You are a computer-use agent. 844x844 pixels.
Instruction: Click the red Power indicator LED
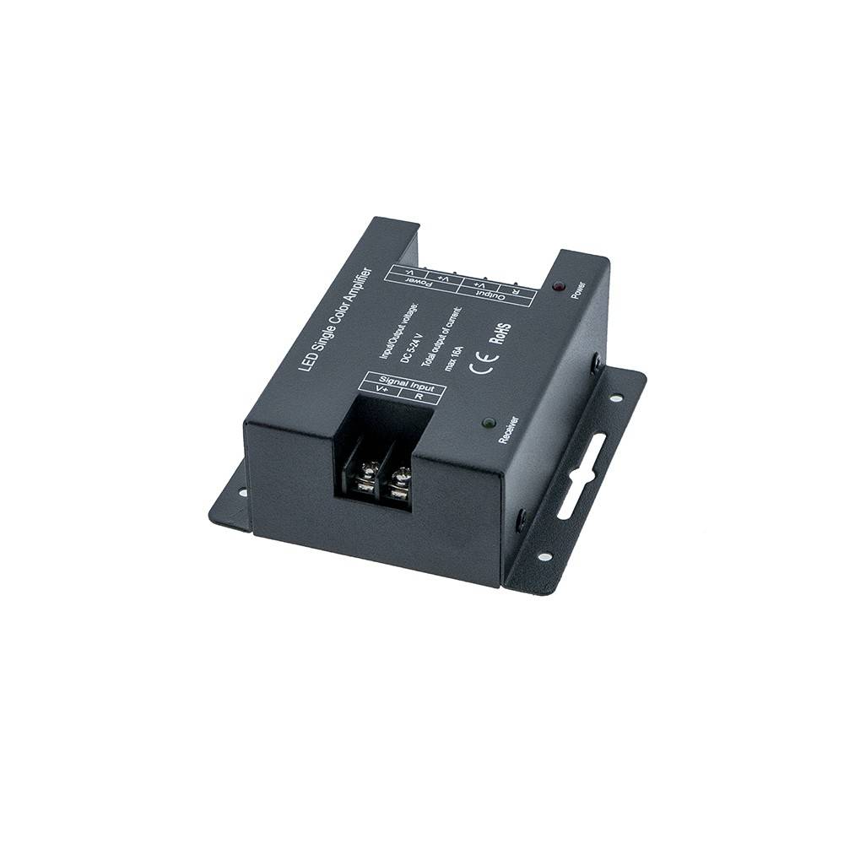(x=558, y=288)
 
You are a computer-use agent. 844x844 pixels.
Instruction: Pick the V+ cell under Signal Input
(x=381, y=389)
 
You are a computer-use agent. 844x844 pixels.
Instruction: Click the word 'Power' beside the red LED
(x=578, y=289)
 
